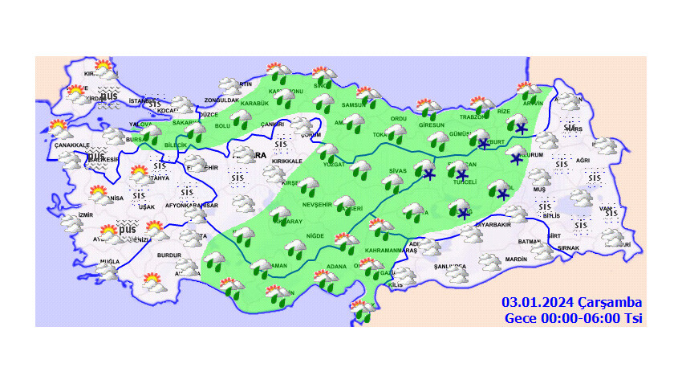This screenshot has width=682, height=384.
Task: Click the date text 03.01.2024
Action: point(537,303)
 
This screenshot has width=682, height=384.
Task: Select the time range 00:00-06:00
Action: point(571,318)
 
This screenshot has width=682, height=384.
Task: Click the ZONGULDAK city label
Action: point(222,100)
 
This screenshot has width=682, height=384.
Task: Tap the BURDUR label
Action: point(170,255)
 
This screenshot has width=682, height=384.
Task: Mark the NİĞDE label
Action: point(315,235)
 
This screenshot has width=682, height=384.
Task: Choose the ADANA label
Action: point(336,267)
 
